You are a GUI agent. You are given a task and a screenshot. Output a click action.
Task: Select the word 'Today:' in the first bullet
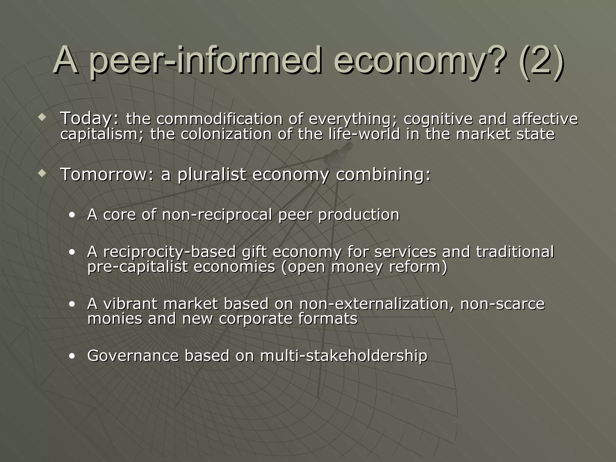(x=90, y=118)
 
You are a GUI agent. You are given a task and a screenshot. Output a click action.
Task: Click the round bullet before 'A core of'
(x=72, y=215)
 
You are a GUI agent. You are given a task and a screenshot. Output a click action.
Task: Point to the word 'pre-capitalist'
(x=137, y=267)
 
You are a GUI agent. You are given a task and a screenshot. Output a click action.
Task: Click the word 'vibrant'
(x=130, y=303)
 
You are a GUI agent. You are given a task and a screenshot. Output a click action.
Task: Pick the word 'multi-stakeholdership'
(x=343, y=356)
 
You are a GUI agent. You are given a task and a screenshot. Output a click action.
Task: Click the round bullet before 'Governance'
(x=72, y=357)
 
